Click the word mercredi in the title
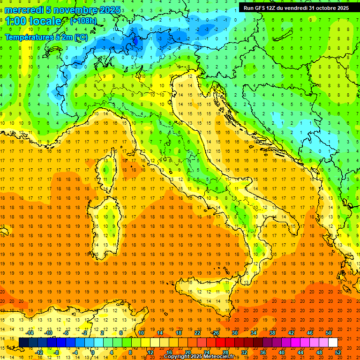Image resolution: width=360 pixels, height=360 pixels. click(24, 10)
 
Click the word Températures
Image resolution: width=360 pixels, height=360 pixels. click(28, 37)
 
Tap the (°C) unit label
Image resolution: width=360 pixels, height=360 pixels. click(81, 37)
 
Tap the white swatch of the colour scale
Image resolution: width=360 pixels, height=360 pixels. click(333, 343)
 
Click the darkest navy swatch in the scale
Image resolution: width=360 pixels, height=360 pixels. click(23, 343)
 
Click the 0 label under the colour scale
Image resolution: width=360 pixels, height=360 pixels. click(93, 352)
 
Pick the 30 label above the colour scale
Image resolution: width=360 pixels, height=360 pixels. click(234, 333)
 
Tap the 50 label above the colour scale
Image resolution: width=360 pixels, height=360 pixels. click(329, 333)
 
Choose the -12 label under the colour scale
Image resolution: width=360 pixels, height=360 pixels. click(39, 352)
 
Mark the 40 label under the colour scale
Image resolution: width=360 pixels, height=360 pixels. click(282, 352)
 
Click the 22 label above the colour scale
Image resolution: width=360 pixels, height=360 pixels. click(197, 333)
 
